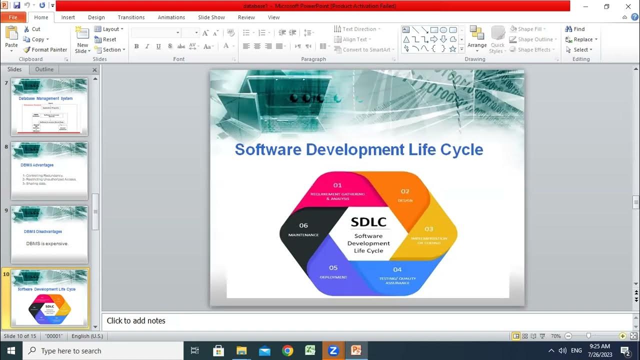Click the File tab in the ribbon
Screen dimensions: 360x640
(x=13, y=17)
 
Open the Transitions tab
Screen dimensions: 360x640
(x=131, y=17)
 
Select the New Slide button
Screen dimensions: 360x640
(x=82, y=40)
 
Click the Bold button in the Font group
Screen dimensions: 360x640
(x=136, y=46)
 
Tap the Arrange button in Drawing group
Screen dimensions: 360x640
(x=477, y=39)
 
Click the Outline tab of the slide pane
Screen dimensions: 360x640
(x=44, y=69)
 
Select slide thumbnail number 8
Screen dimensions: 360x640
(x=49, y=170)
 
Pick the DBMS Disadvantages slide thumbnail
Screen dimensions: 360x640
(x=49, y=234)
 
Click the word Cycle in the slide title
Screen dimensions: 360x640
(x=461, y=149)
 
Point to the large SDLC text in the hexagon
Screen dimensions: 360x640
(x=368, y=221)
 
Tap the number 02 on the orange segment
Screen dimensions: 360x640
(x=405, y=191)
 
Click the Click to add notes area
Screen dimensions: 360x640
(x=136, y=321)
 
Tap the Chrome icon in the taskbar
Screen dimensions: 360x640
(x=287, y=350)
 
